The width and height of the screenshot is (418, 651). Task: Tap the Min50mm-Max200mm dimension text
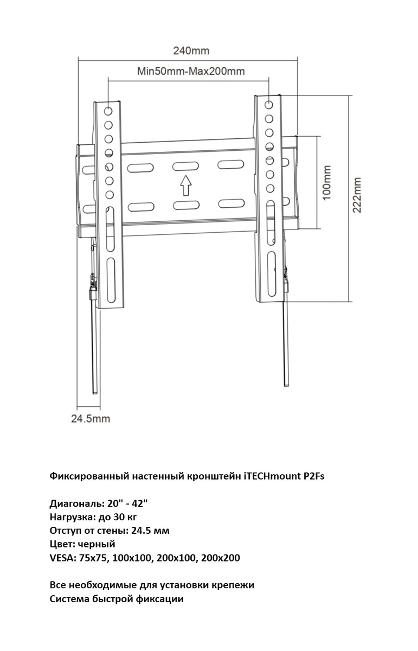point(190,72)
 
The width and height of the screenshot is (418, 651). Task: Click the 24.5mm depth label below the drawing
point(91,418)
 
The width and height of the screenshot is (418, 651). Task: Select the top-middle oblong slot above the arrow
point(186,167)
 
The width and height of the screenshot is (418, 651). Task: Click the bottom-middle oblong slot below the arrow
point(186,205)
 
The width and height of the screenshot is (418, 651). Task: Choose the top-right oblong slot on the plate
point(231,164)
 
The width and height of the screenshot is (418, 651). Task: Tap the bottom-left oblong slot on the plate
point(140,206)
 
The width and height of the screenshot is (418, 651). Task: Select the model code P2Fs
point(313,476)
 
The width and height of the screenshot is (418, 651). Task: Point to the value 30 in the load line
point(121,516)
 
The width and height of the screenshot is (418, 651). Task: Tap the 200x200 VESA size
point(220,558)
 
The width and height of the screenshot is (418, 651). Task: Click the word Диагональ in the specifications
point(73,503)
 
